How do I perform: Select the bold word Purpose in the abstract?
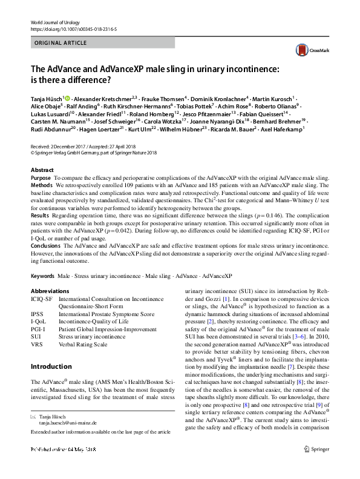(41, 178)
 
